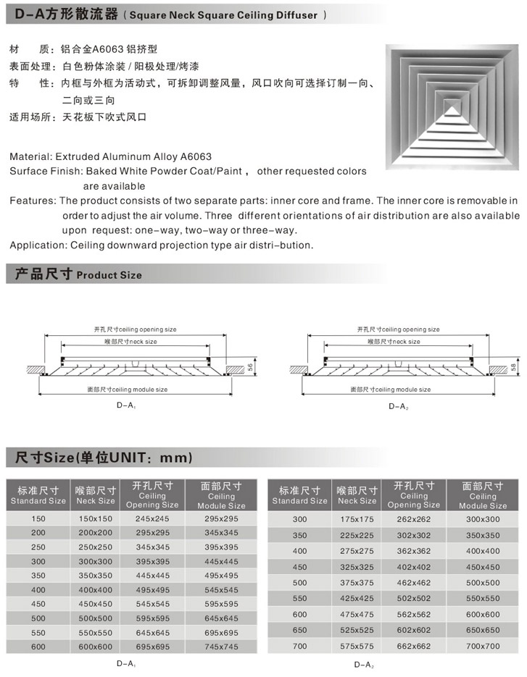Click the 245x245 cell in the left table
tap(152, 519)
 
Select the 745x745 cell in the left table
tap(221, 647)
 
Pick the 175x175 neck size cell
tap(357, 519)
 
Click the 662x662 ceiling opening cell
tap(414, 645)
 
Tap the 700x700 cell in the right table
tap(484, 645)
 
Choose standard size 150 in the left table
tap(38, 519)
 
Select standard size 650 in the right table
tap(300, 629)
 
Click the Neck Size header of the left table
tap(96, 495)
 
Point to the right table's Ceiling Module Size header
tap(484, 495)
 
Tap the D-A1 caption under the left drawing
tap(126, 406)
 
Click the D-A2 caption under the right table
tap(364, 664)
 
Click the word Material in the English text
tap(29, 156)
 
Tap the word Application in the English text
tap(38, 245)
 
